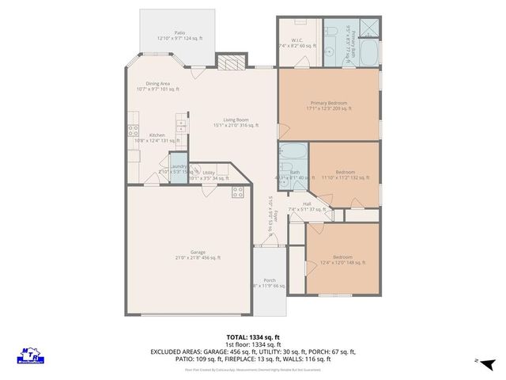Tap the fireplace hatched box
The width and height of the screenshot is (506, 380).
tap(229, 64)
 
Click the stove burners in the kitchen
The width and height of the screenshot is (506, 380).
tap(132, 131)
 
